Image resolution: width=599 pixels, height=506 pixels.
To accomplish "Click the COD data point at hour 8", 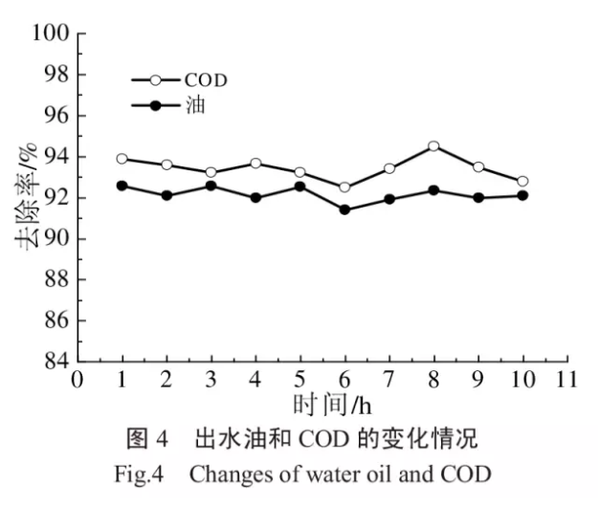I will pos(433,146).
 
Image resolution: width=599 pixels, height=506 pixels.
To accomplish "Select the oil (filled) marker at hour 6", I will pos(344,209).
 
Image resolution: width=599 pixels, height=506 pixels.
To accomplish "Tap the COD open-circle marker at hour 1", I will pos(122,159).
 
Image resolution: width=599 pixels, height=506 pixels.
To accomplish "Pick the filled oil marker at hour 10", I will pos(522,195).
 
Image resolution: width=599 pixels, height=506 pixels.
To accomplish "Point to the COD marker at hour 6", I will pos(344,187).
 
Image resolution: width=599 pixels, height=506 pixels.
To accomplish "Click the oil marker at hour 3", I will pos(211,186).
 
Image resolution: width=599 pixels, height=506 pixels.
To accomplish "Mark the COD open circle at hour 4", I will pos(255,163).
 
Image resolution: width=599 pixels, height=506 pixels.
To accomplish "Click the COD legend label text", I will pos(206,79).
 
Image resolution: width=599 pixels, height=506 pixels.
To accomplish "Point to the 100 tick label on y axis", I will pos(53,34).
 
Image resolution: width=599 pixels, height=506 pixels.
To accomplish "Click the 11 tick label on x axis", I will pos(566,379).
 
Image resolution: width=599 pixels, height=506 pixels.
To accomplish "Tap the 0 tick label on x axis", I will pos(78,379).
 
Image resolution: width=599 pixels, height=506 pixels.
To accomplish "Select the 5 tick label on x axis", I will pos(299,379).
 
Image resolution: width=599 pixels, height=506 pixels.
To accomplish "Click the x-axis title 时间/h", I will pos(322,405).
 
